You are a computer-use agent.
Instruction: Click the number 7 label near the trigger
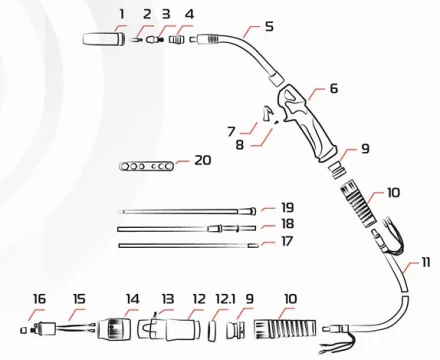tap(231, 131)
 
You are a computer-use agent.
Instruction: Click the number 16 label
tap(39, 297)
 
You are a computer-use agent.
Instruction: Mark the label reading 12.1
tap(226, 297)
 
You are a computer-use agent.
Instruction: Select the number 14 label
tap(133, 297)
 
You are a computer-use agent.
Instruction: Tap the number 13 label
tap(167, 297)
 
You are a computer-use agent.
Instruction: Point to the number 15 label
tap(80, 297)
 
